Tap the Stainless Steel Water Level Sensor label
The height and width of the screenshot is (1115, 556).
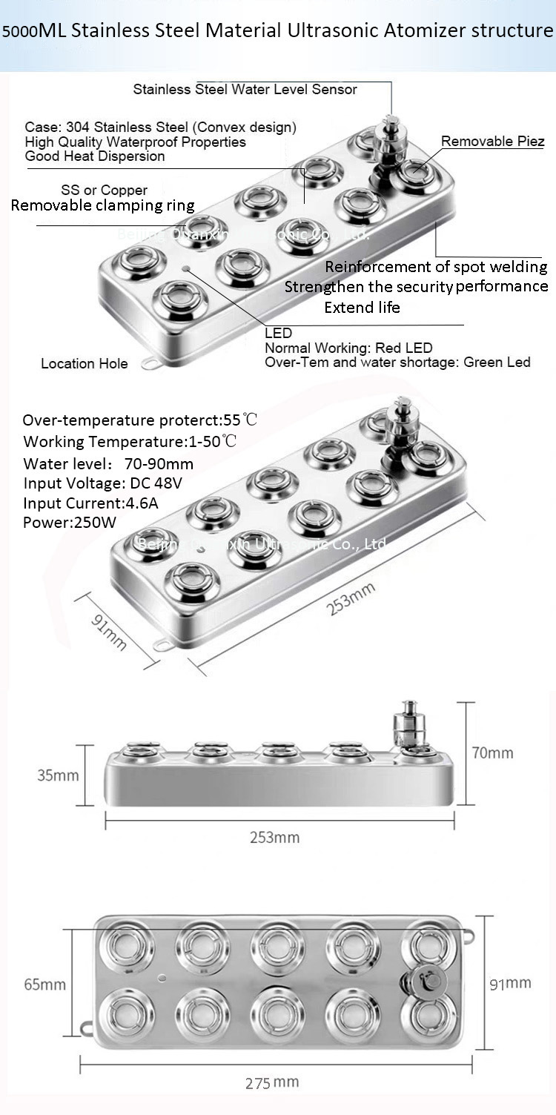pos(245,90)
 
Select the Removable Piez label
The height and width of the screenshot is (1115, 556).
pos(492,142)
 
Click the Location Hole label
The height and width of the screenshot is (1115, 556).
pos(84,363)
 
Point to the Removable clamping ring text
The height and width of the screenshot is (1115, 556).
pos(102,205)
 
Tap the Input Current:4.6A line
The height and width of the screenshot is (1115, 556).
pos(90,503)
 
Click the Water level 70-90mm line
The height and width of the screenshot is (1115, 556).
pos(108,464)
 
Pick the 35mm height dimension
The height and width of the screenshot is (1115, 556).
pos(58,775)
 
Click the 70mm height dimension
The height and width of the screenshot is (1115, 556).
pos(492,753)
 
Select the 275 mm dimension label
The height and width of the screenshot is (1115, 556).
pos(272,1082)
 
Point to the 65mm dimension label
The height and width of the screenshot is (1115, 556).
pos(44,985)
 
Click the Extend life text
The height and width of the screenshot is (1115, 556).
pos(362,307)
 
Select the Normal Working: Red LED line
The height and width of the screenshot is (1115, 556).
pos(348,348)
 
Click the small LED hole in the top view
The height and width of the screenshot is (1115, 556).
pos(162,978)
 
